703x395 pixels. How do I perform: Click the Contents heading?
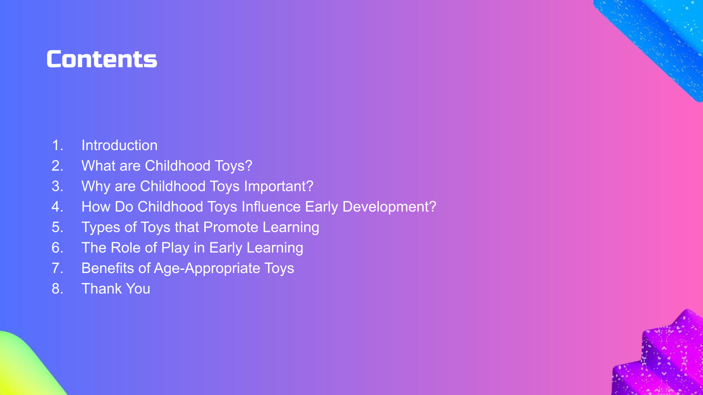pos(101,59)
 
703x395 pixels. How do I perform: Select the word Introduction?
pos(119,145)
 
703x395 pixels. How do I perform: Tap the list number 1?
pos(58,145)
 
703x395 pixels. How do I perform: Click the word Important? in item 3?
pos(279,186)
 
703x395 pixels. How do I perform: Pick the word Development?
pos(389,207)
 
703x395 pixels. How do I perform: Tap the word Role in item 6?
pos(124,248)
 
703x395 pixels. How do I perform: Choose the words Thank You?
pos(116,289)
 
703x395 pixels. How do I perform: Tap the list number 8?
pos(58,289)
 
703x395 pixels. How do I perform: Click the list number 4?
pos(58,207)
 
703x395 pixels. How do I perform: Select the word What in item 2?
pos(98,165)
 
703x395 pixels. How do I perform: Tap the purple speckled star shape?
pos(662,357)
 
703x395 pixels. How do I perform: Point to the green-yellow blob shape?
pos(25,365)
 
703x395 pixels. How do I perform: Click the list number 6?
pos(58,248)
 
